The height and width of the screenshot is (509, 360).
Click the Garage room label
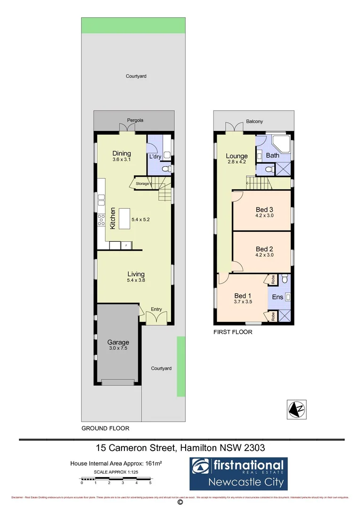[x=118, y=342]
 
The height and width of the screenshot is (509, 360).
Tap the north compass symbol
[x=297, y=409]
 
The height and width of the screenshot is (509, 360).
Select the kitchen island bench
[x=124, y=219]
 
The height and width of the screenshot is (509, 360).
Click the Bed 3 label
[x=264, y=210]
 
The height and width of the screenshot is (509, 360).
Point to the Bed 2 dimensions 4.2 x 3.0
[x=264, y=255]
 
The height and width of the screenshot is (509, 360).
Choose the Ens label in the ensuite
[x=277, y=297]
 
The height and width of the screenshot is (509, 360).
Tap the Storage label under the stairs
[x=142, y=183]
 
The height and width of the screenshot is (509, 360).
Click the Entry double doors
[x=155, y=317]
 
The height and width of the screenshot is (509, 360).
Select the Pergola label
[x=135, y=121]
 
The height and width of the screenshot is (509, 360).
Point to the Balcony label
[x=254, y=122]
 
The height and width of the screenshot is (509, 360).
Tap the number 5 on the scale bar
[x=150, y=483]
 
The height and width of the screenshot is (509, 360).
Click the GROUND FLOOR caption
[x=105, y=428]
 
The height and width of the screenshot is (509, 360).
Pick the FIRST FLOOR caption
[x=233, y=332]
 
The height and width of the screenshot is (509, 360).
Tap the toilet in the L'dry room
[x=165, y=168]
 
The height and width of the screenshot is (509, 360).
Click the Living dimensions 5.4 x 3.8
[x=135, y=280]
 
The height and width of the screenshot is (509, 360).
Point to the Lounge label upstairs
[x=237, y=156]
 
